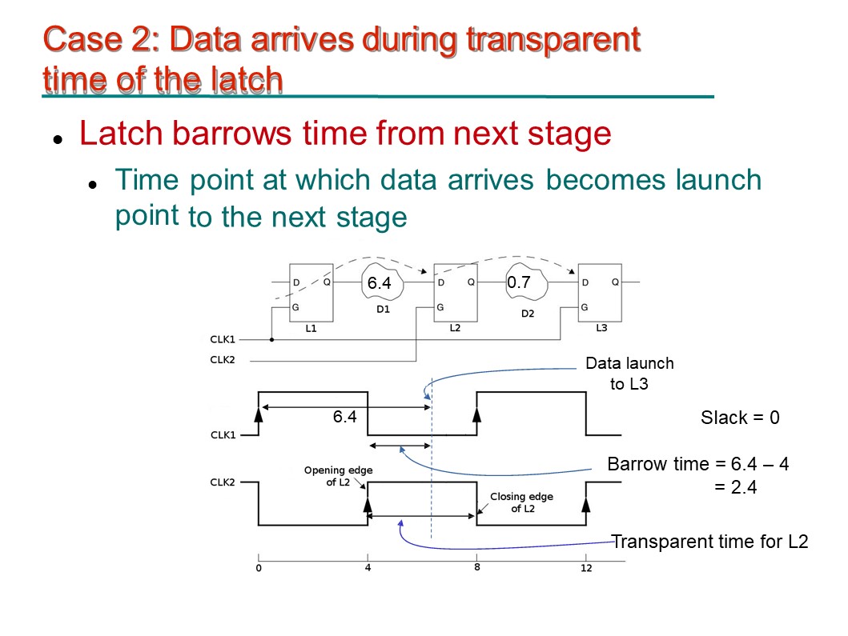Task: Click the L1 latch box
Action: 311,293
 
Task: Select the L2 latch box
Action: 456,293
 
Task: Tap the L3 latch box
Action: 600,293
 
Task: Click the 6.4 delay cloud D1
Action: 382,282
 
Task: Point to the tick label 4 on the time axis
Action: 368,568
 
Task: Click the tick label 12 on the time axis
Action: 586,568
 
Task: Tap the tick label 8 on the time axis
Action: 477,567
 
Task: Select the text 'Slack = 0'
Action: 740,417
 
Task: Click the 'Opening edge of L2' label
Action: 338,476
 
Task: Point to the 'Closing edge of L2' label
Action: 522,502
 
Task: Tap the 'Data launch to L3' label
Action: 629,374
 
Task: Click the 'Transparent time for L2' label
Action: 709,542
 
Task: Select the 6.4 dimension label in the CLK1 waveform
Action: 344,417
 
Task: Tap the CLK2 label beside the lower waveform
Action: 223,482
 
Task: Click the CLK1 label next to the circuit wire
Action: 223,339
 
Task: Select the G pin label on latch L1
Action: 295,307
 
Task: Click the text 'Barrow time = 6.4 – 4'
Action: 698,464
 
